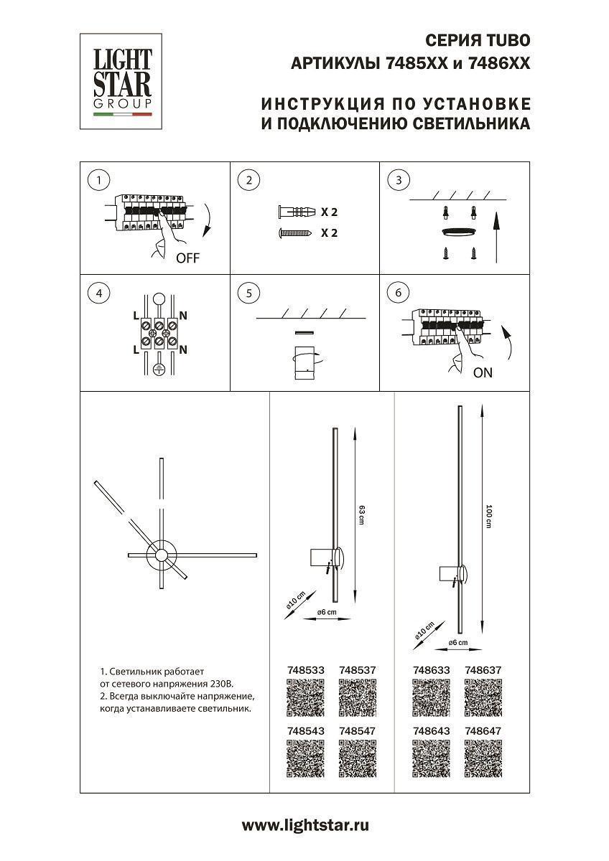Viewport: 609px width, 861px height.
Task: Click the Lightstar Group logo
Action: (121, 81)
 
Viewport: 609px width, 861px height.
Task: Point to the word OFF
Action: (187, 259)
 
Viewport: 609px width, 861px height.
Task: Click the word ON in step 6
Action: (483, 373)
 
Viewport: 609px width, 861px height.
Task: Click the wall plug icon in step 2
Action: (295, 212)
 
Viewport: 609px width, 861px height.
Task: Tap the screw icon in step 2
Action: (294, 233)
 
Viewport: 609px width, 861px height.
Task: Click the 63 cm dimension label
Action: (362, 514)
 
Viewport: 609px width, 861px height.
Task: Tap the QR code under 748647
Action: (483, 759)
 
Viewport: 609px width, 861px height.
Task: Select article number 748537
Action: (357, 670)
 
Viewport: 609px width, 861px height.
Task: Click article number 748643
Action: (432, 730)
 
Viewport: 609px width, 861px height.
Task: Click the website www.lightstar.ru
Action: (304, 826)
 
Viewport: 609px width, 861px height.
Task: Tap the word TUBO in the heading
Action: (509, 40)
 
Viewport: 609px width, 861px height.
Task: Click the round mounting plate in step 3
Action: (458, 230)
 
